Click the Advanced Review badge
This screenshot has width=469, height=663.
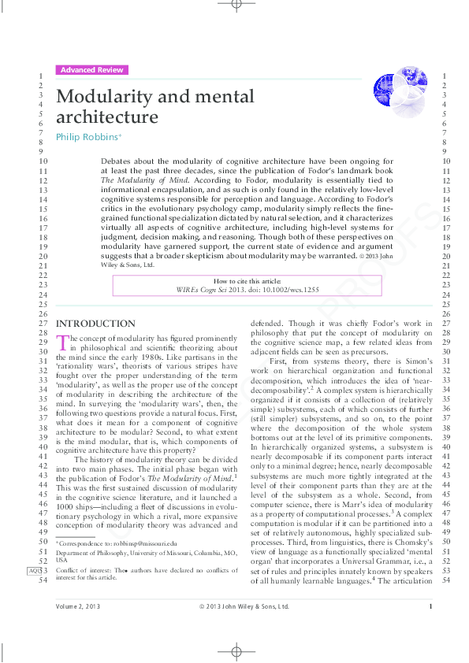(x=91, y=70)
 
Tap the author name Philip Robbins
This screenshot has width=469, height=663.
(x=87, y=136)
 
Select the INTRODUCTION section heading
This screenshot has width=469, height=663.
(x=95, y=324)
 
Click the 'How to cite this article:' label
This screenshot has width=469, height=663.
(x=247, y=281)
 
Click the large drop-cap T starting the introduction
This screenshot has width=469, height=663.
(x=62, y=341)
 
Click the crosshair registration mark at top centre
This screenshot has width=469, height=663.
(x=236, y=6)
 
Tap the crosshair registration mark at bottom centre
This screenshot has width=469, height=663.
(x=236, y=651)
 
